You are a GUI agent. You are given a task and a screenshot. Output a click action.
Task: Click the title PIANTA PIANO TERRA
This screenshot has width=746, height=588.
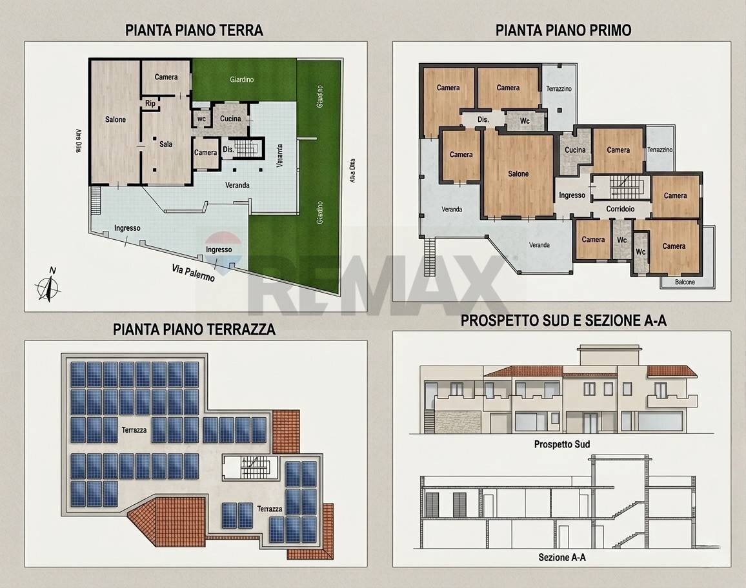click(194, 30)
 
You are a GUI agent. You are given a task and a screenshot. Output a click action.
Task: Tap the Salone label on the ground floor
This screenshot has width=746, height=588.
click(116, 119)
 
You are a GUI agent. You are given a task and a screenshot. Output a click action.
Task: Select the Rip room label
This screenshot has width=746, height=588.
click(150, 103)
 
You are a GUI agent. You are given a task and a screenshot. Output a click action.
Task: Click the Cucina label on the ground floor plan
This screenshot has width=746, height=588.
click(230, 119)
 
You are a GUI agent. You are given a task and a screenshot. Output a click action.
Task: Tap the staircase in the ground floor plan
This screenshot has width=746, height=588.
click(246, 149)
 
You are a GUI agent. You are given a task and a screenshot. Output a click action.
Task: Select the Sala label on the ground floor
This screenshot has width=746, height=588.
click(166, 144)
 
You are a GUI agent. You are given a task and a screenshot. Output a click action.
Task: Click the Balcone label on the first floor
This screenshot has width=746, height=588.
click(685, 282)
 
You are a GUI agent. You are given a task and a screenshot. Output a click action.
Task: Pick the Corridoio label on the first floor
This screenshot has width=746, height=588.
click(621, 209)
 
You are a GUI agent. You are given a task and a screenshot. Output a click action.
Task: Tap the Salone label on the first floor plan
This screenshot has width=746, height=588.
click(518, 173)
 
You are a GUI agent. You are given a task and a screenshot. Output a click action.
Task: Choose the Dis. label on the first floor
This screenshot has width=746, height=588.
click(483, 120)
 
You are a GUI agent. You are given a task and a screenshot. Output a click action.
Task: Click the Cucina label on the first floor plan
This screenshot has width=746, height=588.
click(575, 150)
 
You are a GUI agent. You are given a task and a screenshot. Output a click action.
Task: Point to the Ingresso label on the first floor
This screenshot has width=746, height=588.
click(572, 195)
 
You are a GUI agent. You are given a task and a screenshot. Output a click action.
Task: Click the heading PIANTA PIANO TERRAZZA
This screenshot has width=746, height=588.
click(194, 329)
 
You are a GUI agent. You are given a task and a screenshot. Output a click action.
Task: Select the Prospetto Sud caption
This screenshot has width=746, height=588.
click(561, 444)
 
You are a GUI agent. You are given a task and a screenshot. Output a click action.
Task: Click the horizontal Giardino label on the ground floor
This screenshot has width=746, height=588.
click(242, 79)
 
